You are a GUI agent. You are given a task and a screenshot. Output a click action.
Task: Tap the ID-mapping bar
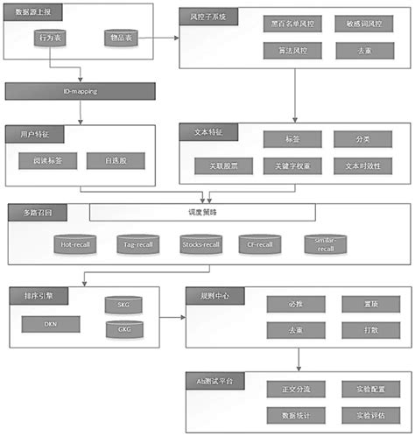pyautogui.click(x=81, y=90)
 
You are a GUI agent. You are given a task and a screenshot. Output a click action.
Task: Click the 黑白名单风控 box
pyautogui.click(x=292, y=26)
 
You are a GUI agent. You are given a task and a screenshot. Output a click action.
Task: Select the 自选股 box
pyautogui.click(x=118, y=161)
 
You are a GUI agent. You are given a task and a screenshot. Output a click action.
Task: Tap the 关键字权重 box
pyautogui.click(x=292, y=165)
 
